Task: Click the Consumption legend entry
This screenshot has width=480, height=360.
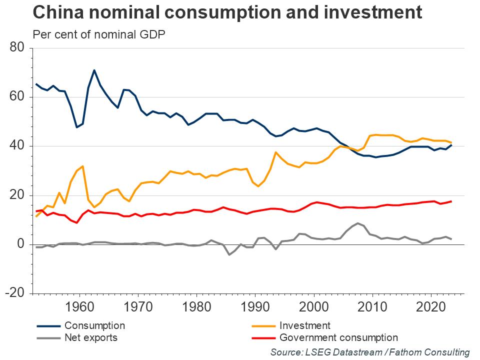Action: (x=94, y=326)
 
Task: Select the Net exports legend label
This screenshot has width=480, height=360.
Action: (x=91, y=337)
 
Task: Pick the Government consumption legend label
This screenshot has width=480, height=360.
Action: (x=338, y=337)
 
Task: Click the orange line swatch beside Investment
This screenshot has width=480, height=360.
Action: (x=261, y=326)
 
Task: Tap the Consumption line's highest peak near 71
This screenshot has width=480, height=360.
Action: (x=94, y=70)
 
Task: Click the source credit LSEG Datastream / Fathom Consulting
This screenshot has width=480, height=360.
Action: (x=370, y=352)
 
